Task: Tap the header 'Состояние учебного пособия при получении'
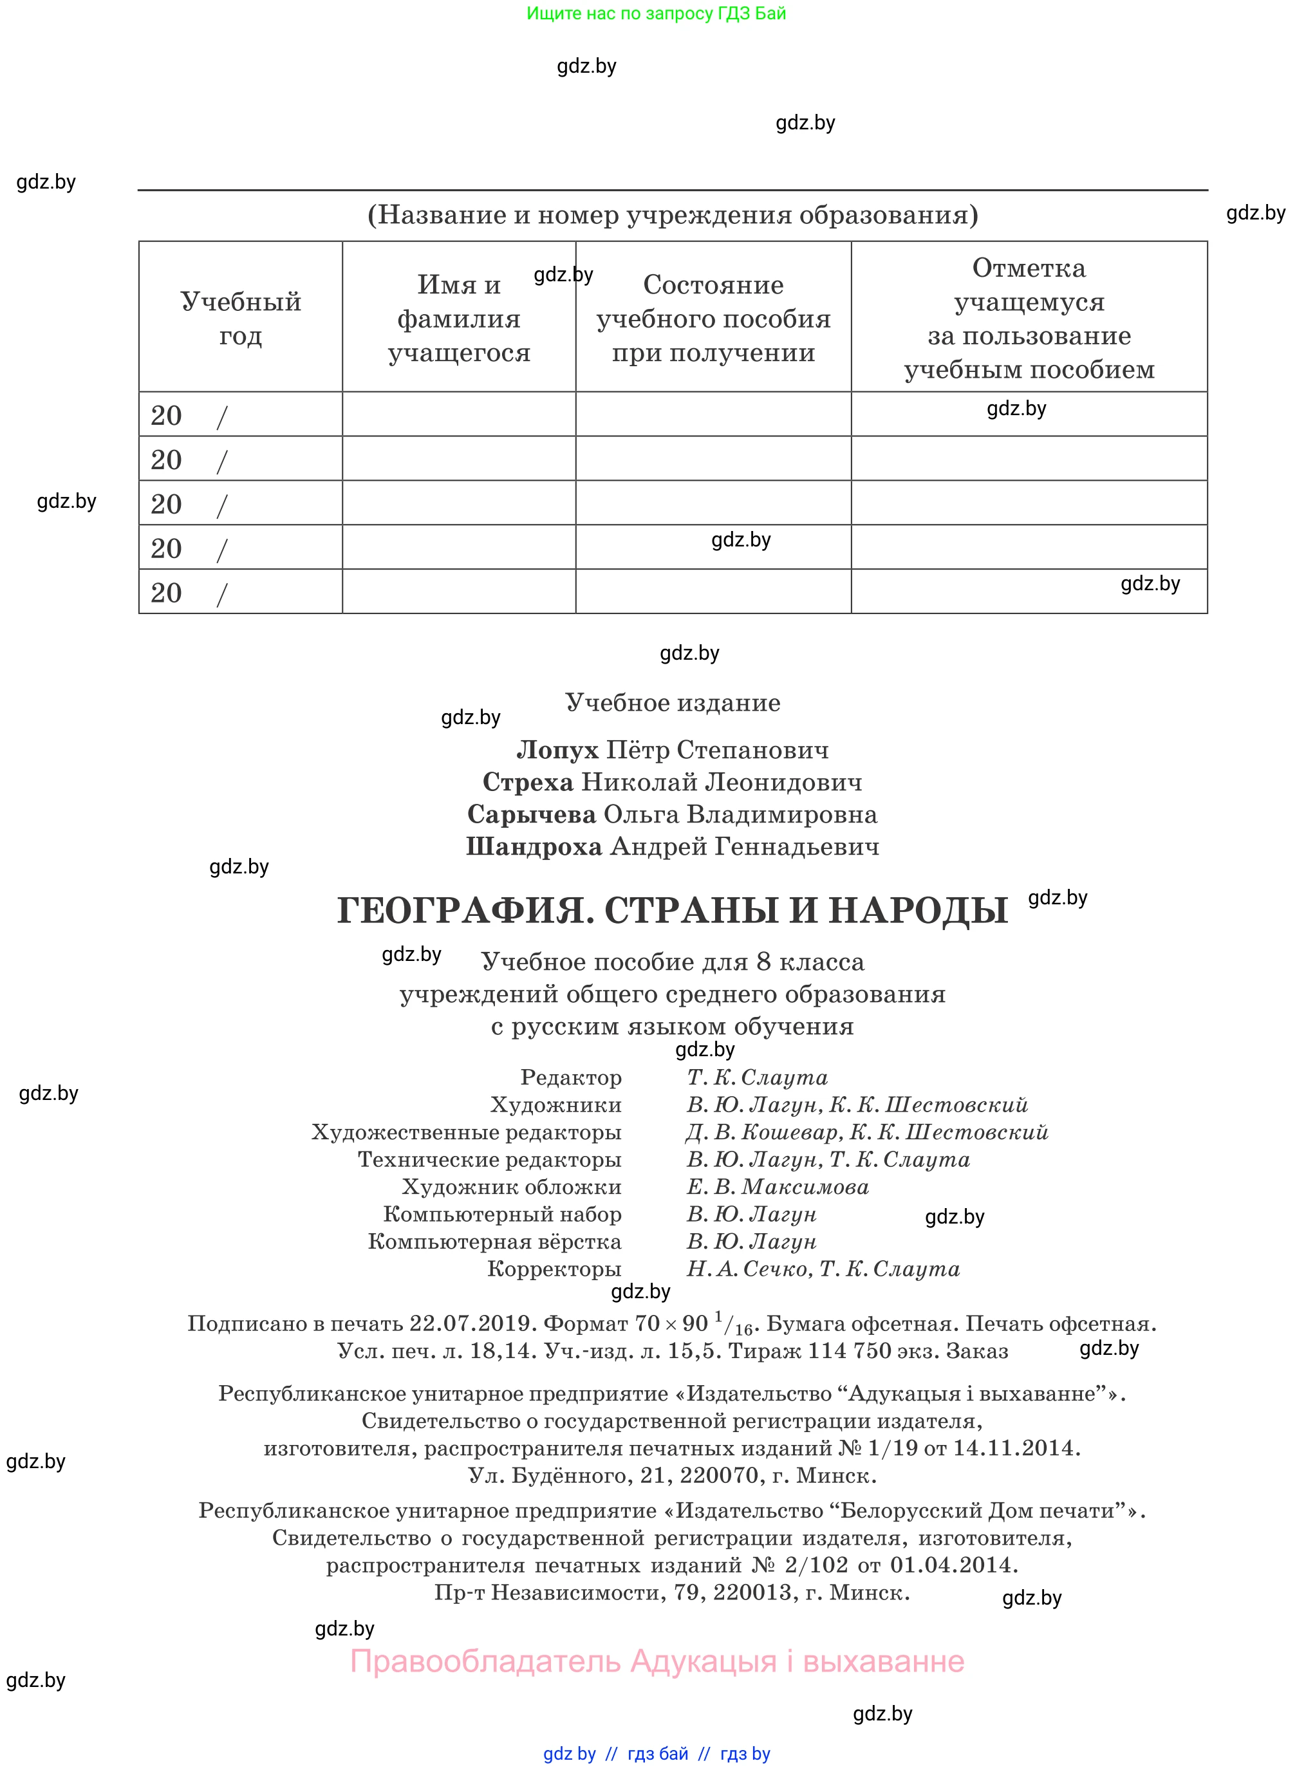click(x=713, y=319)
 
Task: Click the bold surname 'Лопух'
click(x=557, y=750)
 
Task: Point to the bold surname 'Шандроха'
click(x=534, y=847)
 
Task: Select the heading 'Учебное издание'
click(x=673, y=703)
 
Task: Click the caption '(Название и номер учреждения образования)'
click(x=673, y=215)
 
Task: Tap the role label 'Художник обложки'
click(x=512, y=1187)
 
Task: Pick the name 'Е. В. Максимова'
click(x=778, y=1187)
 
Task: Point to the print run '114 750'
click(x=850, y=1350)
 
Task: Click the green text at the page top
click(x=656, y=14)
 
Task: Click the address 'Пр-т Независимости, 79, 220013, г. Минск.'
click(x=672, y=1592)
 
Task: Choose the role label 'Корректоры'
click(x=554, y=1269)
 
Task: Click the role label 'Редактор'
click(x=571, y=1077)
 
